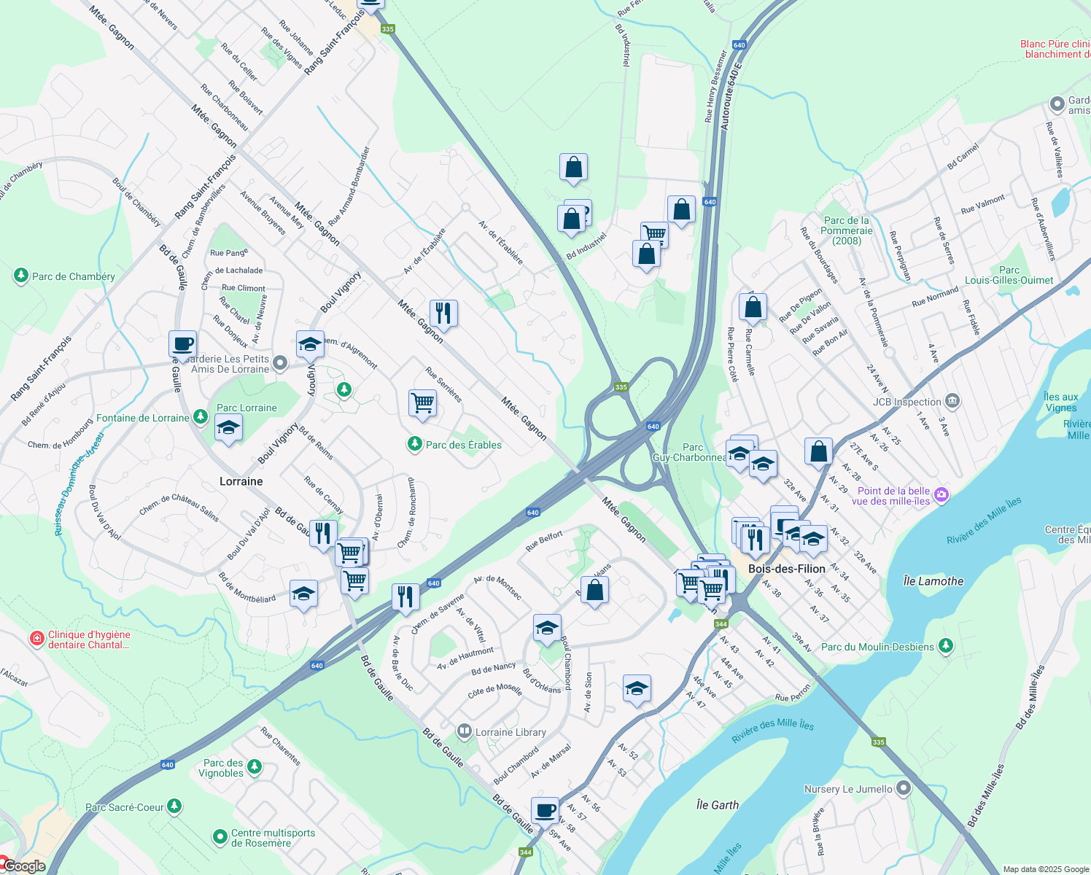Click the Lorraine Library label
click(x=510, y=732)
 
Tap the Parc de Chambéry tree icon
click(x=21, y=276)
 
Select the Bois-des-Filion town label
click(x=787, y=569)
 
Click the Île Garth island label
click(x=717, y=805)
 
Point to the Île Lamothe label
click(x=933, y=581)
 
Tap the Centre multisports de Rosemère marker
click(x=220, y=837)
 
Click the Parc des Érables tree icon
click(x=415, y=444)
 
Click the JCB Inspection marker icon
click(x=952, y=401)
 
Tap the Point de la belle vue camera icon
click(x=941, y=495)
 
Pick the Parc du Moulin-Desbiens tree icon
click(x=946, y=646)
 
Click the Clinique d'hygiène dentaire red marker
click(x=36, y=639)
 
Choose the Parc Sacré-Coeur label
click(x=125, y=807)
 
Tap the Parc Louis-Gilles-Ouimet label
click(x=1009, y=275)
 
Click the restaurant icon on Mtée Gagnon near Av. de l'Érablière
click(x=443, y=314)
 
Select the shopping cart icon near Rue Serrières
click(x=423, y=402)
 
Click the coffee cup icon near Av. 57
click(x=545, y=809)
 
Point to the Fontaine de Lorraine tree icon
click(x=201, y=418)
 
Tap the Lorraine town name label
click(x=241, y=481)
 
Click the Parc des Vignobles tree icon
click(x=254, y=766)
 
